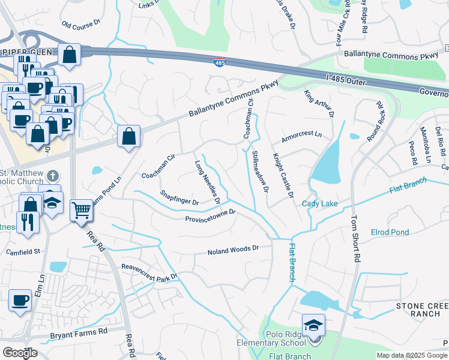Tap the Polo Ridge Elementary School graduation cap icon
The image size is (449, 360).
pos(313,325)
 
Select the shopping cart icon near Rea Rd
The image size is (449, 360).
pos(82,211)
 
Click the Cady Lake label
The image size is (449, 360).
pos(320,204)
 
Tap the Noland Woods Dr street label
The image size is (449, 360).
pos(233,250)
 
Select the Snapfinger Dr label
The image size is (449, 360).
pos(179,197)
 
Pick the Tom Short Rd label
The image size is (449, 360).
pos(356,239)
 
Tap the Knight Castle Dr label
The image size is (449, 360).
pos(283,175)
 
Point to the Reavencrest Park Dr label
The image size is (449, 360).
pos(150,272)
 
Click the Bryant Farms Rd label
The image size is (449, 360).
pos(79,331)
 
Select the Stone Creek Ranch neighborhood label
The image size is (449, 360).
pos(422,310)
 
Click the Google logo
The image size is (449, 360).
pos(20,352)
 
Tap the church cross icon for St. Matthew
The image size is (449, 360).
pos(53,176)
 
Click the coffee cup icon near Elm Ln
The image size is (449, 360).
pos(20,300)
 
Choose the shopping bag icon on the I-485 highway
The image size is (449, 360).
pos(70,55)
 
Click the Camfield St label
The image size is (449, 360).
pos(22,251)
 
